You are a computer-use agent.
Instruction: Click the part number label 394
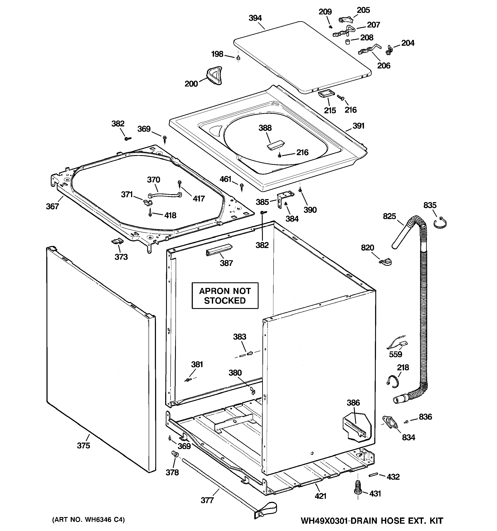(255, 18)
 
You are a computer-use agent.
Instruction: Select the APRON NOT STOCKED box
(225, 296)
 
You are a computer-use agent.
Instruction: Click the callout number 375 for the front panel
(84, 446)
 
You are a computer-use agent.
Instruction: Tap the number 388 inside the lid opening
(265, 128)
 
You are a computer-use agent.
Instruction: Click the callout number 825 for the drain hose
(389, 216)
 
